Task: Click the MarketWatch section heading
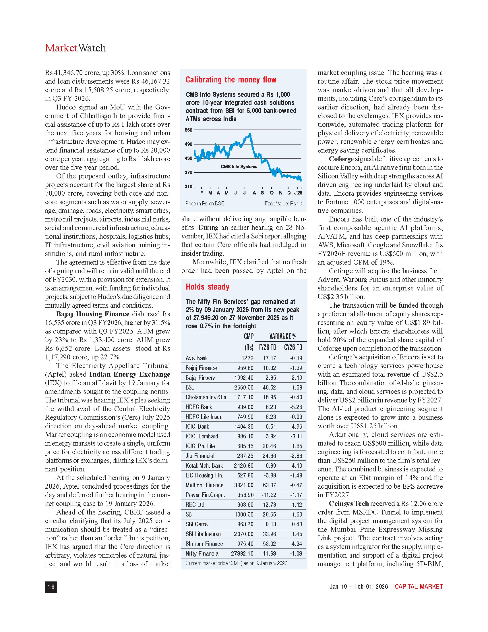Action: pyautogui.click(x=75, y=48)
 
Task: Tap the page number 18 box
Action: pyautogui.click(x=51, y=587)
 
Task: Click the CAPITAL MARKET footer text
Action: pyautogui.click(x=419, y=586)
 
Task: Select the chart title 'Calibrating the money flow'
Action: pyautogui.click(x=231, y=80)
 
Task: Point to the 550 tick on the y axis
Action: pyautogui.click(x=189, y=130)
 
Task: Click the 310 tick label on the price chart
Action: pyautogui.click(x=189, y=187)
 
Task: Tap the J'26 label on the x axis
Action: pyautogui.click(x=298, y=193)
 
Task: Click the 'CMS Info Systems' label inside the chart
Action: pyautogui.click(x=239, y=167)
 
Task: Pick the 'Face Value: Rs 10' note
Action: pyautogui.click(x=283, y=204)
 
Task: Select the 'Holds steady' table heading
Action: pyautogui.click(x=208, y=287)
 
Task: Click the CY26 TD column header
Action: pyautogui.click(x=293, y=347)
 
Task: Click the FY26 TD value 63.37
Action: pyautogui.click(x=269, y=485)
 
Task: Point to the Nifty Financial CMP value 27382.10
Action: pyautogui.click(x=242, y=554)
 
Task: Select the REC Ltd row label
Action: pyautogui.click(x=195, y=505)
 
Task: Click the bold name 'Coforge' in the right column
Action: pyautogui.click(x=341, y=159)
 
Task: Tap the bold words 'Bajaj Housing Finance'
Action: pyautogui.click(x=93, y=314)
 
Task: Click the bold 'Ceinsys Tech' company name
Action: pyautogui.click(x=349, y=504)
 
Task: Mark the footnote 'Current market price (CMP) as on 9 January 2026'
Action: pyautogui.click(x=237, y=563)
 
